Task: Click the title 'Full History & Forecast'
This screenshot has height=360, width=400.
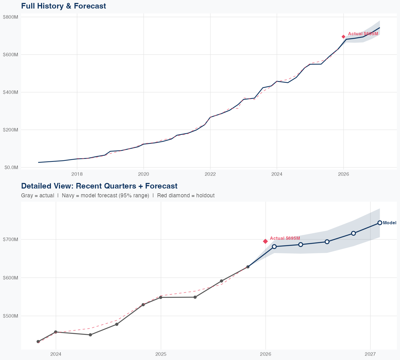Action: coord(63,6)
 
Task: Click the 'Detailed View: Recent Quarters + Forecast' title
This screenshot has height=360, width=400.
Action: coord(99,186)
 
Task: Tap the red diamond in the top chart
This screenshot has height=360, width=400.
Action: coord(343,37)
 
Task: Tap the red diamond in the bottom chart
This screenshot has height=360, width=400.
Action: coord(265,241)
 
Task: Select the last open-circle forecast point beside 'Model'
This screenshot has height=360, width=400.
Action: coord(380,223)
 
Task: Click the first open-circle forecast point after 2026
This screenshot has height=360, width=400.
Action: coord(274,247)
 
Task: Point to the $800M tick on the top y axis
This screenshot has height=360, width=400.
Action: coord(10,17)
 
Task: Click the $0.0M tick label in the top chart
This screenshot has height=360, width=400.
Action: coord(11,167)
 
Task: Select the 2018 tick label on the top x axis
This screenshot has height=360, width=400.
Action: coord(77,174)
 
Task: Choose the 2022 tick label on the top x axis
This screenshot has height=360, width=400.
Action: coord(210,174)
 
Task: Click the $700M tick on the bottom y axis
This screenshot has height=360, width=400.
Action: coord(10,239)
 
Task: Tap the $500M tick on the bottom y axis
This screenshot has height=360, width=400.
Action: coord(10,316)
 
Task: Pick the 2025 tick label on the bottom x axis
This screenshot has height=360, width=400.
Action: coord(161,354)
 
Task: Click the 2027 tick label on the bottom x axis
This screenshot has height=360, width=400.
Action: coord(370,354)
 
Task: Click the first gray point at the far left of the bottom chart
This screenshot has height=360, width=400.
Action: coord(38,342)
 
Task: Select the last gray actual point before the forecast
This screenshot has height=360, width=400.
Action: coord(248,267)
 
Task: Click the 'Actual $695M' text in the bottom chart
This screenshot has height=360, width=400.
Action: coord(285,238)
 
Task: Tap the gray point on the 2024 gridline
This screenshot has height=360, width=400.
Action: coord(56,332)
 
